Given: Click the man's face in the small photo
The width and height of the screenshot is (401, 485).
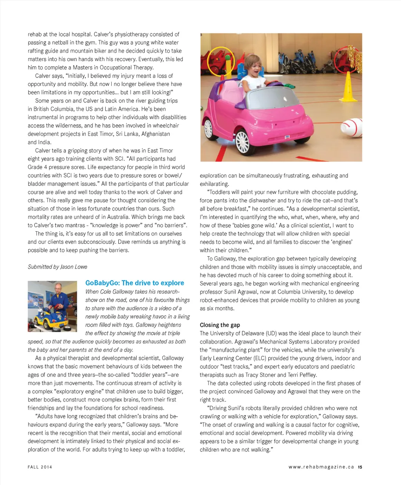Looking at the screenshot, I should pos(59,289).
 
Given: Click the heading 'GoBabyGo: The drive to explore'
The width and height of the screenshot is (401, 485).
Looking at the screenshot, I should pos(134,283).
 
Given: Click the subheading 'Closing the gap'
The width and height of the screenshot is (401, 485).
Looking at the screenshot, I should pos(220,325).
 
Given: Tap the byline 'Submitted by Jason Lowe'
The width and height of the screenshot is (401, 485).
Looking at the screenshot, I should pos(58,267).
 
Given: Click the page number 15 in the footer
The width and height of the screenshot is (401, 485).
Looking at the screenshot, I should pos(360,467).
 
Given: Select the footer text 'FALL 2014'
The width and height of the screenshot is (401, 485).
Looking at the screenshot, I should pos(40,467).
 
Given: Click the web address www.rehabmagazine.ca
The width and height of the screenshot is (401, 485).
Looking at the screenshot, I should pos(321,467).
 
